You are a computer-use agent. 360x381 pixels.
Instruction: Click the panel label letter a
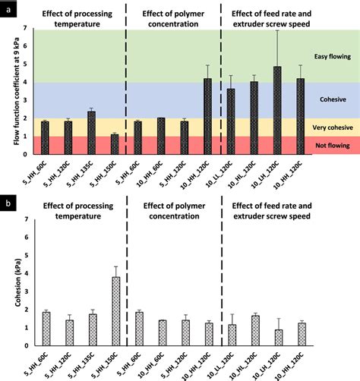point(9,10)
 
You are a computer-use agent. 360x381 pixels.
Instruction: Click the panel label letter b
point(8,203)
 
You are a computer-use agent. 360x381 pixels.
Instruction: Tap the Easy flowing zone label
point(333,56)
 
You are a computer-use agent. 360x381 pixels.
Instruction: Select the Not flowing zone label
point(333,146)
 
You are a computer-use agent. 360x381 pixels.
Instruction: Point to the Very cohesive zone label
point(333,128)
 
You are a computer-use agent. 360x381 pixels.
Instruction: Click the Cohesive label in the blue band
point(333,99)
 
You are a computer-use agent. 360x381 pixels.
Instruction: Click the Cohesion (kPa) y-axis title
point(17,282)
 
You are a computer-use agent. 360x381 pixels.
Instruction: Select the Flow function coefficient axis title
point(17,91)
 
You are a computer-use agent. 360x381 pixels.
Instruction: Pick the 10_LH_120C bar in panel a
point(277,110)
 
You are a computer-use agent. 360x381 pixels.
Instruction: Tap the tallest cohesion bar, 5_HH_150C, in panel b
point(116,311)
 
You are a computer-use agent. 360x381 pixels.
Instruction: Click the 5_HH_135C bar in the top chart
point(91,133)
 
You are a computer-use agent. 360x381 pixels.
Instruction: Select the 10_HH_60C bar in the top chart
point(161,136)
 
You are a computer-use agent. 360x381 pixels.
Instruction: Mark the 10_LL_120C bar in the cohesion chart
point(232,335)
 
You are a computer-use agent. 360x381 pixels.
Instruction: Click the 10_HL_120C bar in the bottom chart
point(255,331)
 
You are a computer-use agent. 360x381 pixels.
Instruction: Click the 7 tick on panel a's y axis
point(25,28)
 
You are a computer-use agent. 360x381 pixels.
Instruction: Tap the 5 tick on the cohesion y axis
point(26,256)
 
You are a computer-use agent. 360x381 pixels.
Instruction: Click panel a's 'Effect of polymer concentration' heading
point(173,19)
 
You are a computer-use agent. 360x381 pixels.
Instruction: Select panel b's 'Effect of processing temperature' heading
point(78,211)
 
